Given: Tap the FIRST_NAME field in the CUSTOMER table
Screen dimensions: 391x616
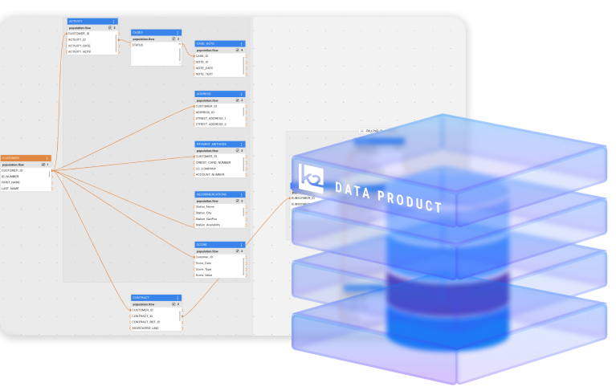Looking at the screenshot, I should (x=11, y=182).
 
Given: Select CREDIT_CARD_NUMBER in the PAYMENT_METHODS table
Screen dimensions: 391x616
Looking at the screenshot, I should (x=213, y=162).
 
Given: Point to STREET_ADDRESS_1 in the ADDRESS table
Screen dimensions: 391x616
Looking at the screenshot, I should (x=210, y=118).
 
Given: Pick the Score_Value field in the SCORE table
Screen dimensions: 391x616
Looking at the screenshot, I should (x=204, y=275).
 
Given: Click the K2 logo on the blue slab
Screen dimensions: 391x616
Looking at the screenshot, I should (x=311, y=177).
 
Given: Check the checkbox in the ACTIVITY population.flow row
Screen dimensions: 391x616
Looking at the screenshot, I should (x=109, y=27).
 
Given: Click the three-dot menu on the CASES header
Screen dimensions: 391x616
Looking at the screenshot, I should (x=178, y=32).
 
